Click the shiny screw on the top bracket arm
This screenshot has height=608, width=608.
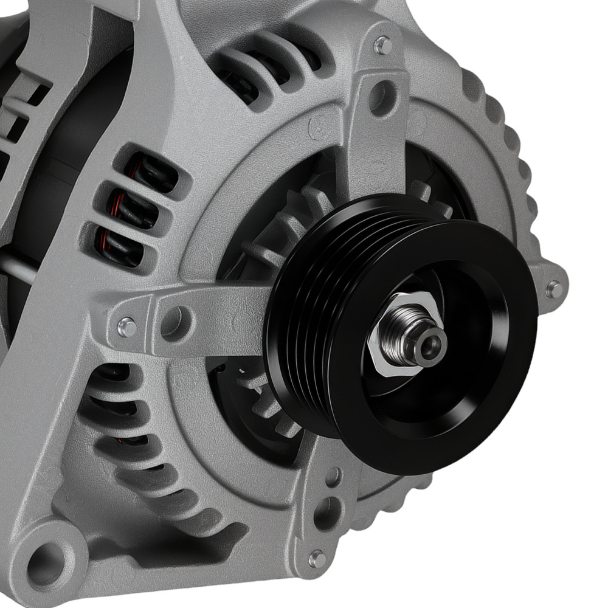[382, 45]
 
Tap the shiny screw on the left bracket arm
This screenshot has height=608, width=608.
[126, 326]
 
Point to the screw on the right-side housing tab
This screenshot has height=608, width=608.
[553, 289]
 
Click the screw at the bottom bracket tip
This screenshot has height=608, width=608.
[317, 558]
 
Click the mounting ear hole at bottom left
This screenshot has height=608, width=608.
[47, 558]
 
